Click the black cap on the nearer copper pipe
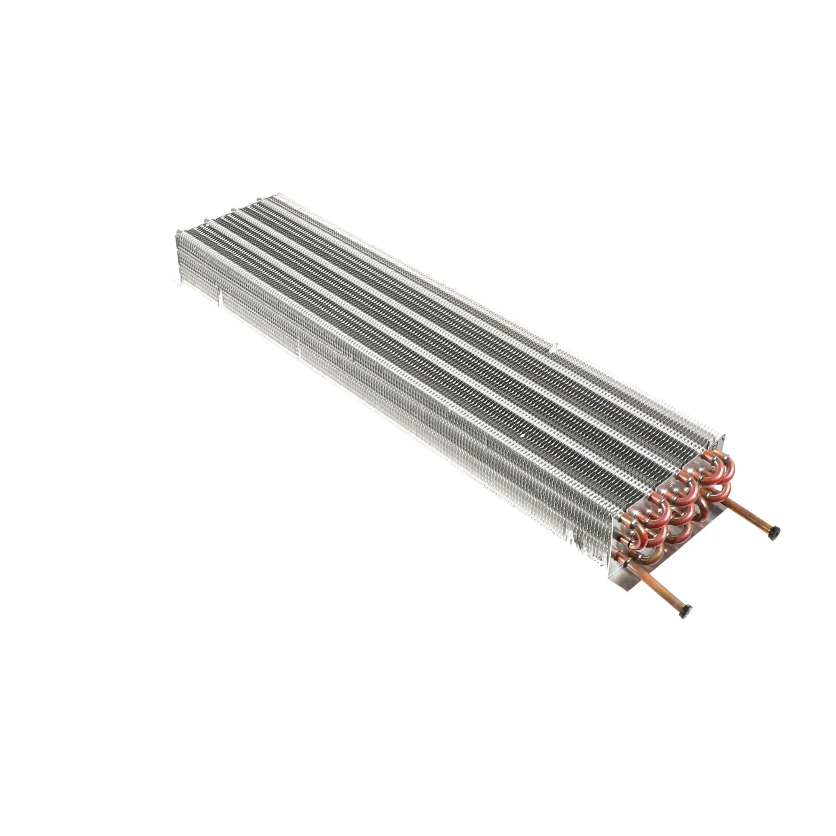[686, 610]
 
